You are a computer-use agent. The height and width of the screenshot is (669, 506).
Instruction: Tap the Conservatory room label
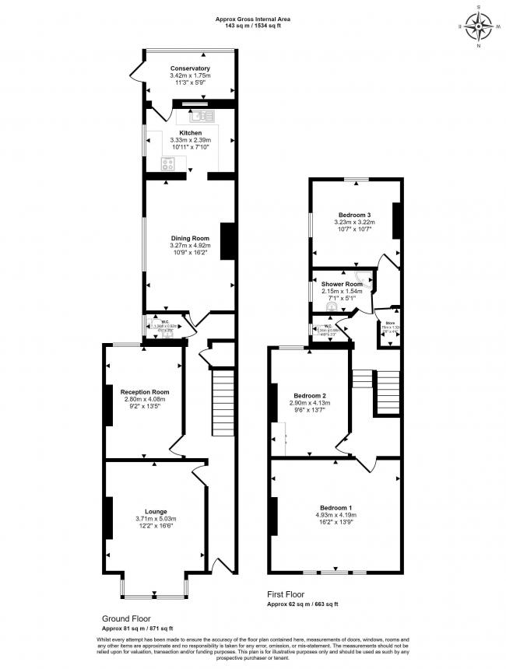190,68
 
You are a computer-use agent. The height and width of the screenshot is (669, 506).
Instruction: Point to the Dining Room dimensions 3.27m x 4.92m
190,246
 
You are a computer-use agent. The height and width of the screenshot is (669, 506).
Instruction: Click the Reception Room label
144,392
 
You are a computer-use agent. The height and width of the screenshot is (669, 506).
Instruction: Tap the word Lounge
156,511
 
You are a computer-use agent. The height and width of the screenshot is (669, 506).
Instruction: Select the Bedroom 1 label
336,507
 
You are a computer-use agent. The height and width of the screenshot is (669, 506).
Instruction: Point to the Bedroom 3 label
353,215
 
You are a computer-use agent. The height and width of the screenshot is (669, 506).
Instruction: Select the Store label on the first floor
387,321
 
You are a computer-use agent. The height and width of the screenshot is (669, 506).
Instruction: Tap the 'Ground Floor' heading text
125,619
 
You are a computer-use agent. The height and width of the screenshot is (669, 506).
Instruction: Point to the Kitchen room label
190,133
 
